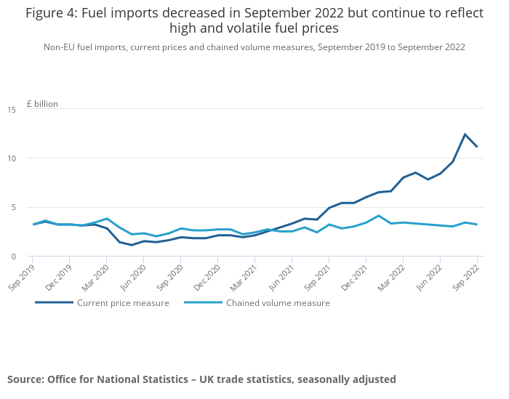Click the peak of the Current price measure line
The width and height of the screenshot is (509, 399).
point(465,134)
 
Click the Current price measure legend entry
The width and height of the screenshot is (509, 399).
point(123,303)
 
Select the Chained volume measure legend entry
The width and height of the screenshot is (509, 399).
point(277,303)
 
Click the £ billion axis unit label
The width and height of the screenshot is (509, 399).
point(42,104)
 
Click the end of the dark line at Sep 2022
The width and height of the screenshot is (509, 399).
point(477,147)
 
